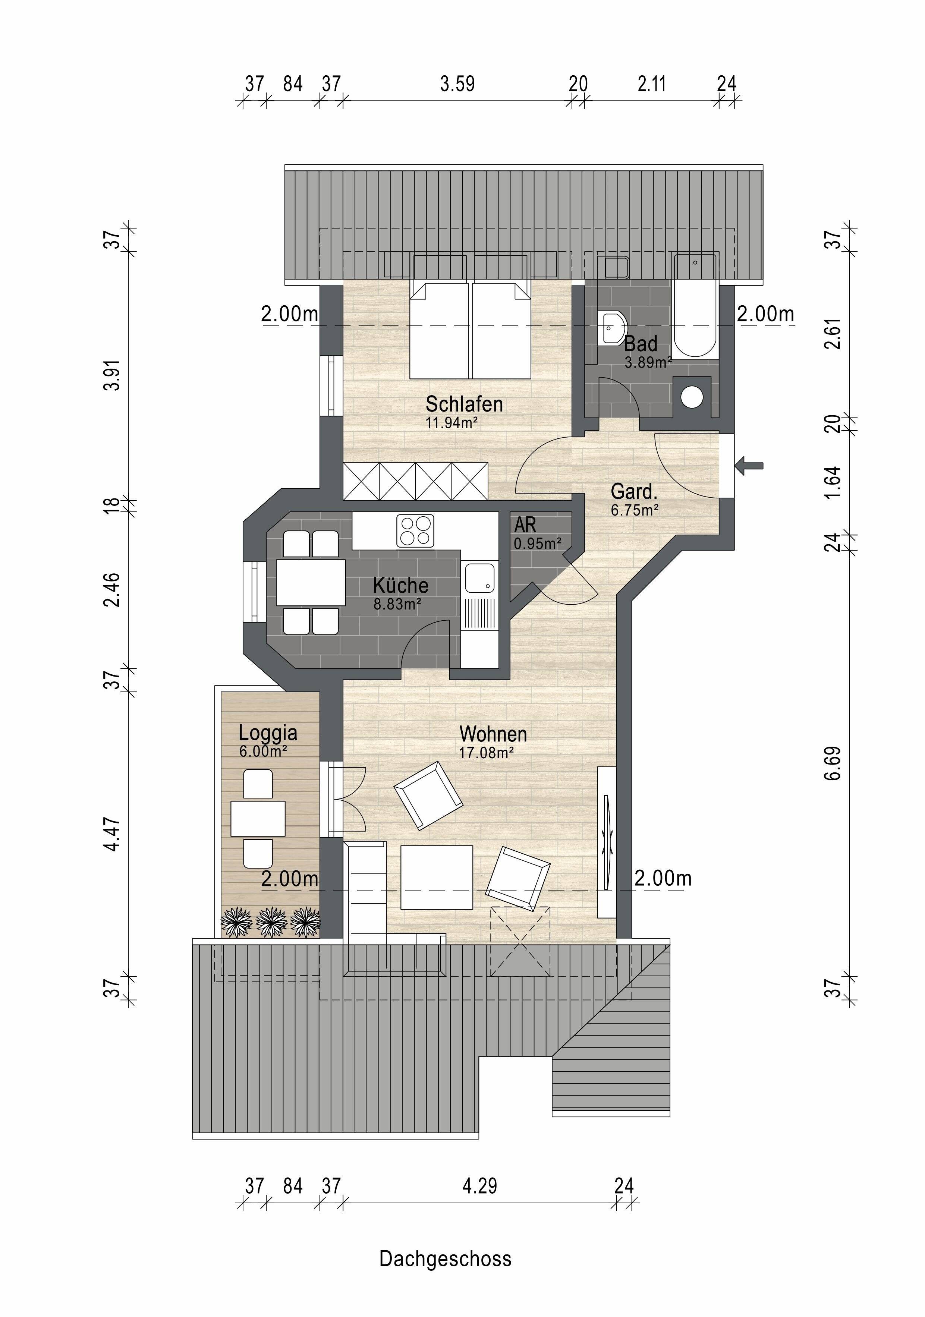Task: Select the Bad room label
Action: point(641,344)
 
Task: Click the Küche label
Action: point(400,585)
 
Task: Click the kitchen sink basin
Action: point(480,578)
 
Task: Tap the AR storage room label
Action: point(525,524)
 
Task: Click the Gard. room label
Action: point(633,492)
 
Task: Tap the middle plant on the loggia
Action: point(271,922)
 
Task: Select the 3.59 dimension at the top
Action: point(457,84)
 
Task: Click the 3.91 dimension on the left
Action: point(113,375)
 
